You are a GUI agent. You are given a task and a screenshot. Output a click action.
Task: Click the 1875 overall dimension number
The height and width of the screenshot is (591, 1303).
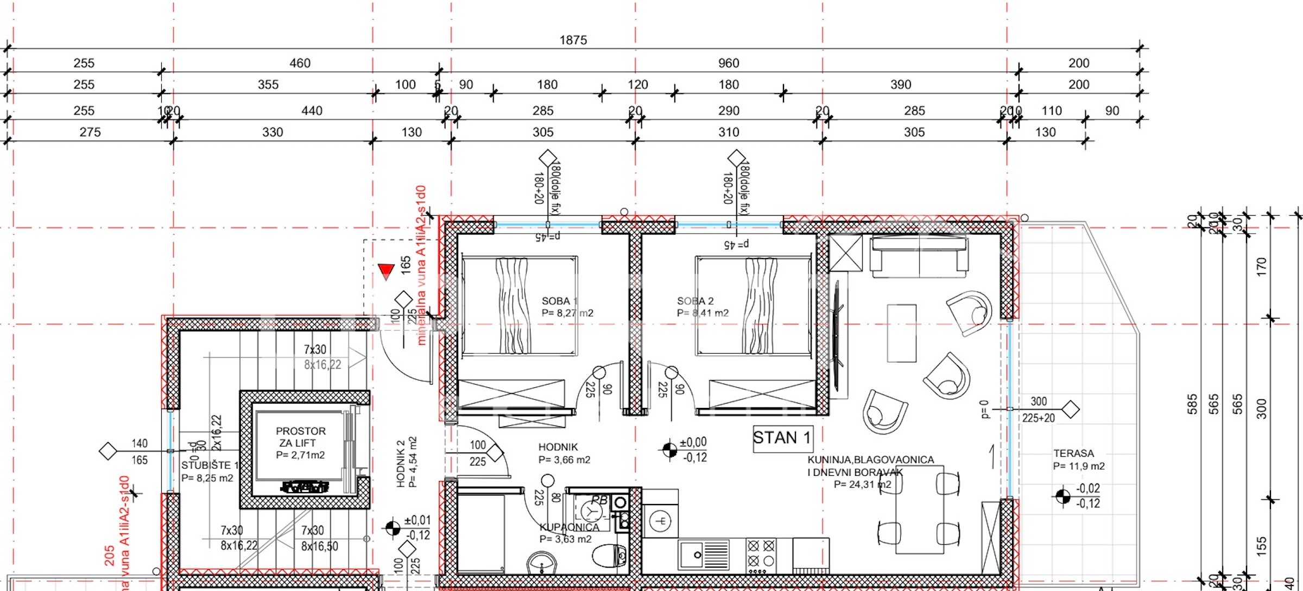tap(573, 40)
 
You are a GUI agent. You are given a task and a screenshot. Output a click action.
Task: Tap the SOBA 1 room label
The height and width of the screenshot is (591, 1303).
tap(559, 301)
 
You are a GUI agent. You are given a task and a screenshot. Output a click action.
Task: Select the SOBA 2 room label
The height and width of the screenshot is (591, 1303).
tap(695, 301)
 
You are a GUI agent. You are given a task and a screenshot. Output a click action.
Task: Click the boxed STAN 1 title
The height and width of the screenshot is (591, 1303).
tap(782, 438)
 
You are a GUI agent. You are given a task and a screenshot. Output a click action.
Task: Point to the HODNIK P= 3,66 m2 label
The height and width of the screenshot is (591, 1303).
tap(564, 453)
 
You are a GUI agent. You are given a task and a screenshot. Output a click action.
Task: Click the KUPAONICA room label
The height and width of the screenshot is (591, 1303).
tap(569, 527)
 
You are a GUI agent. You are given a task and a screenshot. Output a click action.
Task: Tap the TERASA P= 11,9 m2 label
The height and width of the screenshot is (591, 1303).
tap(1078, 460)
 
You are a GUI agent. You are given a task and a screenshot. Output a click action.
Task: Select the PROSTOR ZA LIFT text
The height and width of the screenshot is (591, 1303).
tap(300, 437)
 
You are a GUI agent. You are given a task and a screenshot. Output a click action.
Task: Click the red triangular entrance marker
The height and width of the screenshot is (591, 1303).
tap(386, 271)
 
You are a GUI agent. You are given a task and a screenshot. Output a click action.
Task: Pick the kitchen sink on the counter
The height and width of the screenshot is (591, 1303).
tap(704, 555)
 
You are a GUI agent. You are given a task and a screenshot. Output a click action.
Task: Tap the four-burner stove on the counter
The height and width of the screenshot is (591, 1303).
tap(761, 554)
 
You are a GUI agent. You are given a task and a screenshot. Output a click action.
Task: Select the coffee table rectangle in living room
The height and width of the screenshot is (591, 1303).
tap(901, 333)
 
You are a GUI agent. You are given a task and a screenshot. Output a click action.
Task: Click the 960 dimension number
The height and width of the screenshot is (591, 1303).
tap(728, 63)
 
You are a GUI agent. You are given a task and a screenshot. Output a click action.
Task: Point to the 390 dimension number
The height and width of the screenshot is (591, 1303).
tap(900, 85)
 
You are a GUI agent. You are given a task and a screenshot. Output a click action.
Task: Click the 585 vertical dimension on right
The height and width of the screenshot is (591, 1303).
tap(1192, 404)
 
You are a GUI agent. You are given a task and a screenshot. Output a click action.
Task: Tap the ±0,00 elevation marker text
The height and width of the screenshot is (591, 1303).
tap(693, 443)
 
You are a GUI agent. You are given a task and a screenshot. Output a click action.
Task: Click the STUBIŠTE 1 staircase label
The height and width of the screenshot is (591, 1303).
tap(210, 466)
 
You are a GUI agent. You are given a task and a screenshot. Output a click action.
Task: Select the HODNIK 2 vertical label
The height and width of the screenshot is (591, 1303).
tap(401, 462)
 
